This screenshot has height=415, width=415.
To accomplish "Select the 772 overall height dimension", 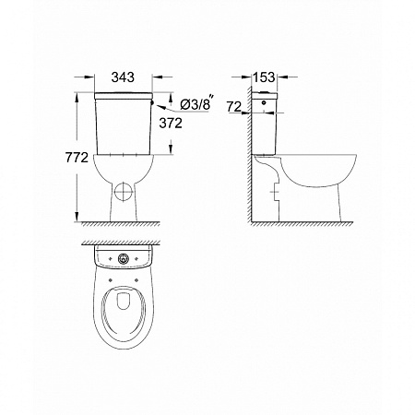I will [77, 159].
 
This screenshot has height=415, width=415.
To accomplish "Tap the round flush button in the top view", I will [122, 260].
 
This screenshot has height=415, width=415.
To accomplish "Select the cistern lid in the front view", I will [122, 95].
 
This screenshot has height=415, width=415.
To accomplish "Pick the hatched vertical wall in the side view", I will [251, 166].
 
